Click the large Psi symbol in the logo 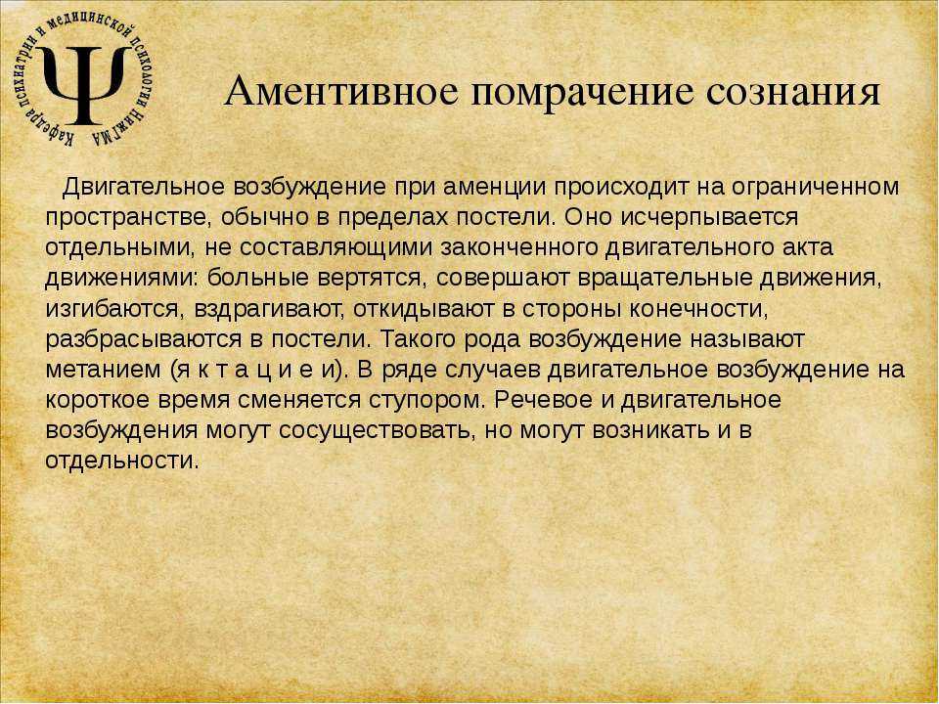[84, 84]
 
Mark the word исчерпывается [710, 218]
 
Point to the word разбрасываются [141, 340]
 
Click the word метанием [103, 371]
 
